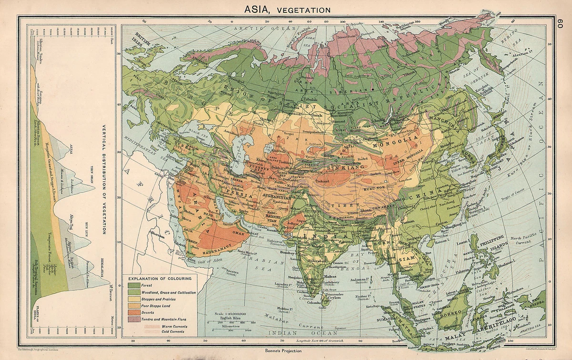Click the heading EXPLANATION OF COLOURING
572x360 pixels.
pyautogui.click(x=160, y=278)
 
